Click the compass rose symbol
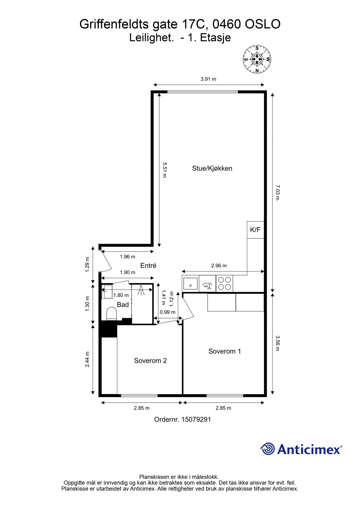point(257,59)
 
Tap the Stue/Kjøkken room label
point(212,169)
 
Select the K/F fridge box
point(255,230)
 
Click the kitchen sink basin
point(190,283)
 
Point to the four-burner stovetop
point(224,283)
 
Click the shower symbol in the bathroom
point(141,290)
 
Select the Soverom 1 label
point(225,351)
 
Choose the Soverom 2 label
point(150,361)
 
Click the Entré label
point(148,266)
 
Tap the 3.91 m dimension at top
point(208,79)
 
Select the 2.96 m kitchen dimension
point(219,266)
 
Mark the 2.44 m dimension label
point(87,359)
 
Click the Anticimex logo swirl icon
point(268,449)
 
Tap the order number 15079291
point(196,419)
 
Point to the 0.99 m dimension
point(168,312)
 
